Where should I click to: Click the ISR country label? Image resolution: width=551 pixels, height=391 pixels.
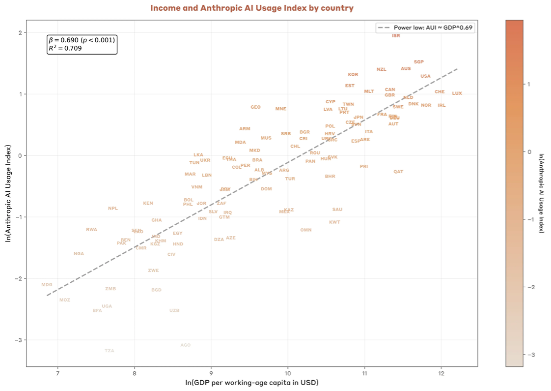(396, 36)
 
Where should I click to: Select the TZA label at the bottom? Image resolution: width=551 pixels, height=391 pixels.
(109, 351)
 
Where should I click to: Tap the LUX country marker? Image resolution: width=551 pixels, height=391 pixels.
(457, 93)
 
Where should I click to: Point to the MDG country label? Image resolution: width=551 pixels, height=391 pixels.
(47, 285)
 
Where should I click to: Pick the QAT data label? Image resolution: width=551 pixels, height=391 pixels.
(398, 172)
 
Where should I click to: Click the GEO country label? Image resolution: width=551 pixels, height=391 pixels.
(255, 107)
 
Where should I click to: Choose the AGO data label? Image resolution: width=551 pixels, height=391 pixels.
(185, 345)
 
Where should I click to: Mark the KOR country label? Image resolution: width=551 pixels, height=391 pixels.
(353, 75)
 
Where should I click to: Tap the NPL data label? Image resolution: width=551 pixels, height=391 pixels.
(113, 209)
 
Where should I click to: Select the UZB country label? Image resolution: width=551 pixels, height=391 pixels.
(174, 311)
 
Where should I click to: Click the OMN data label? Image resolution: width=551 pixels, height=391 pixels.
(306, 230)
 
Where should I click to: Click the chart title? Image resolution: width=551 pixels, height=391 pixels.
(251, 8)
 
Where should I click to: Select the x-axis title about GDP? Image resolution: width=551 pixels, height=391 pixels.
(251, 382)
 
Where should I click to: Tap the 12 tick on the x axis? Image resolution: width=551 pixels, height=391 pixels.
(441, 372)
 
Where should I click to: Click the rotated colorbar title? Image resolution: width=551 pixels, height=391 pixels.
(541, 192)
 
